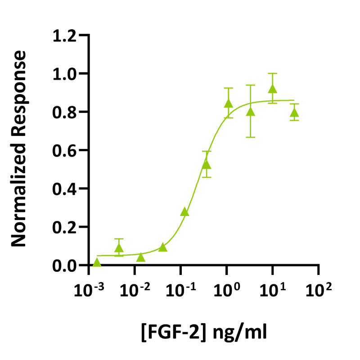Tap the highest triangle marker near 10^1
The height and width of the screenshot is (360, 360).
coord(272,89)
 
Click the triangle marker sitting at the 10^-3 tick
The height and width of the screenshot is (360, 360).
coord(97,262)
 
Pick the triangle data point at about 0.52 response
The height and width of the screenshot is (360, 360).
coord(206,164)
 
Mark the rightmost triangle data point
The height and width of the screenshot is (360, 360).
coord(294,112)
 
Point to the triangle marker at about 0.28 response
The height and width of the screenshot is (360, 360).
coord(184,211)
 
